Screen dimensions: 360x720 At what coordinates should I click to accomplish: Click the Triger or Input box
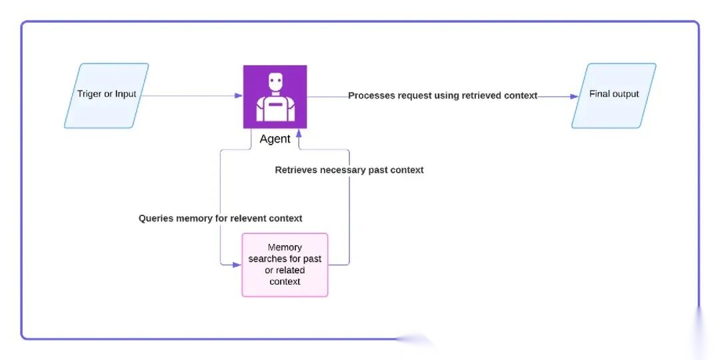(107, 95)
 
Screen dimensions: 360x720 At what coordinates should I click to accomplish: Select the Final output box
(614, 95)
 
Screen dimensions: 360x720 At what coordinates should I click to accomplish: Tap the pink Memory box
(285, 265)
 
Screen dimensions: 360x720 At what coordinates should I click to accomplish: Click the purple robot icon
(275, 97)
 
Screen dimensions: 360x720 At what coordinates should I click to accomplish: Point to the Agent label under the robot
(275, 139)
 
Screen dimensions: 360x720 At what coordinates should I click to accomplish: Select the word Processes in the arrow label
(371, 95)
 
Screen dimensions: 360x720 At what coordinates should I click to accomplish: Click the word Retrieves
(296, 170)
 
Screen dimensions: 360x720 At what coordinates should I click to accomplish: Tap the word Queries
(157, 218)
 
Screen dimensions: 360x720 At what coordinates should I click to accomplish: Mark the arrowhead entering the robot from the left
(239, 96)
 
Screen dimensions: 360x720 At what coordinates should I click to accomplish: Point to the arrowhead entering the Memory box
(237, 265)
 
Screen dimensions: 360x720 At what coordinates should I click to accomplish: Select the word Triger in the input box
(89, 94)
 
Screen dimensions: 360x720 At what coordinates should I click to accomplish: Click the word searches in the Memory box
(265, 259)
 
